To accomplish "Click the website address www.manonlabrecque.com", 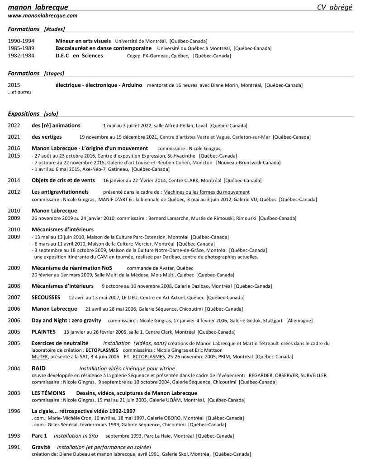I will pos(43,15).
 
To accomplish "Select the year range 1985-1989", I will pos(21,48).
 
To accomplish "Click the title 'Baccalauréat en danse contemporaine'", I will pos(103,48).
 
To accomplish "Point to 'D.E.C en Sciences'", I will pos(79,56).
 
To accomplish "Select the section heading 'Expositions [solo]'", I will pos(33,113).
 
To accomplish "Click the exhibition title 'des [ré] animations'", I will pos(56,125).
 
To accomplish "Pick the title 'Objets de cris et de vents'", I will pos(63,180).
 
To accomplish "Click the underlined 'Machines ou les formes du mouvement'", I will pos(206,192).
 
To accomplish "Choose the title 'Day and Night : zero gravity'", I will pos(66,320).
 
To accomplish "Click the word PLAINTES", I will pos(43,331).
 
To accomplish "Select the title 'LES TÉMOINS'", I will pos(48,393).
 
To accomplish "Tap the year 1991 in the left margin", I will pos(14,447).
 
